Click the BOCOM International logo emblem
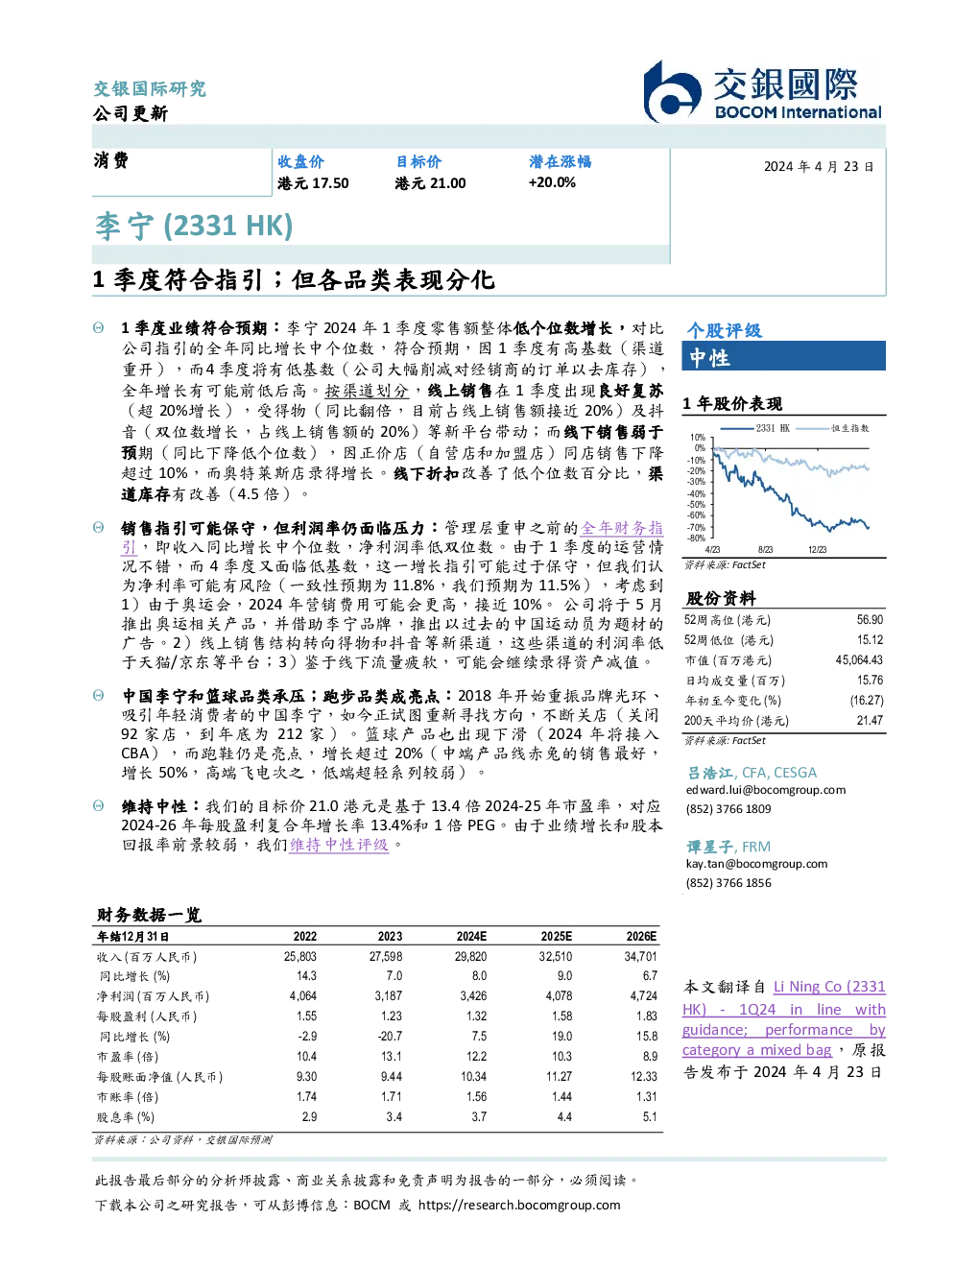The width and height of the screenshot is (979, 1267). pos(672,92)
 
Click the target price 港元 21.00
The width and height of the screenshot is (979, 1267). pos(430,183)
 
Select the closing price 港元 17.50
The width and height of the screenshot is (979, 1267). pos(313,183)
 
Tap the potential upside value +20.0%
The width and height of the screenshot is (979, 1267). pos(552,182)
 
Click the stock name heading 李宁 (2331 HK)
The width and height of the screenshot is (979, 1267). pos(194,227)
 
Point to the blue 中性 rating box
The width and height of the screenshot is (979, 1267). pos(783,357)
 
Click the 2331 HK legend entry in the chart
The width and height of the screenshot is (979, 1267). pos(754,428)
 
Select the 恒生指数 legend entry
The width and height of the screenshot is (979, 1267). pos(833,428)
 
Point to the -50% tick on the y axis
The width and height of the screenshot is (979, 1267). pos(697,504)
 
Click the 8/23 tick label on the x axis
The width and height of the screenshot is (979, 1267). pos(765,549)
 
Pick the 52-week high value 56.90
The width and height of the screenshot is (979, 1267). pos(870,619)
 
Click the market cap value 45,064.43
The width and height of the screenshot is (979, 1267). pos(859,659)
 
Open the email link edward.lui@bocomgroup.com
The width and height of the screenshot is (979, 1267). pos(766,789)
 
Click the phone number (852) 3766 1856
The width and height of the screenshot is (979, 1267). pos(728,883)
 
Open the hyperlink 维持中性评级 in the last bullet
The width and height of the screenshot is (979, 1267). pos(339,845)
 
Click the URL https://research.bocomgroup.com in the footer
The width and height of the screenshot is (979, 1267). pos(519,1205)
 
